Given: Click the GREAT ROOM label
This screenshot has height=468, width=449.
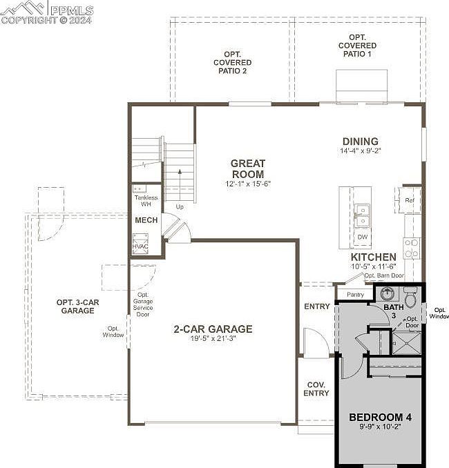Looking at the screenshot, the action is [x=248, y=168].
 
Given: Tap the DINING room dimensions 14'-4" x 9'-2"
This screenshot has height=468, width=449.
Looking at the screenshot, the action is [x=361, y=150].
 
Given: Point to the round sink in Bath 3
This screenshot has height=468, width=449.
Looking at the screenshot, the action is [x=388, y=293].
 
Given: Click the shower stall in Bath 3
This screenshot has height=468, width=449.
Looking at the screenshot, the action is [x=406, y=343].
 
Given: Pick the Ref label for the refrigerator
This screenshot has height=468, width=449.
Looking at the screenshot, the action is [x=410, y=200].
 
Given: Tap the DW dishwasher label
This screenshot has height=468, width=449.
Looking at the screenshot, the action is [x=363, y=237].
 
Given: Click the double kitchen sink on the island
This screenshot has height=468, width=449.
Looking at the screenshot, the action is [x=362, y=216].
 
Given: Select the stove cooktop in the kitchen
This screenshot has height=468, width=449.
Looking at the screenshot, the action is [x=412, y=248].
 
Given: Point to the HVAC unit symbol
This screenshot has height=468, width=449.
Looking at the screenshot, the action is [x=140, y=244].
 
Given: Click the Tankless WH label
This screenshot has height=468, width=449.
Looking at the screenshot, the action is [x=146, y=201].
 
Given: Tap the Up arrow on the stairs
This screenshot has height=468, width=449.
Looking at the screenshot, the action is [x=180, y=185].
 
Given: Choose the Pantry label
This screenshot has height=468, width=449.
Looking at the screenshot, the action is [x=355, y=295].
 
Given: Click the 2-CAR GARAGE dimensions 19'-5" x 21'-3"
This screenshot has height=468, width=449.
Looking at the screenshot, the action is [x=213, y=338].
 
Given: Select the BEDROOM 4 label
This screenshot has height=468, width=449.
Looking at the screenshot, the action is [x=381, y=417].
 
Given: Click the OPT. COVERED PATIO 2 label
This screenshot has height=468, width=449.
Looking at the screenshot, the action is [x=232, y=63].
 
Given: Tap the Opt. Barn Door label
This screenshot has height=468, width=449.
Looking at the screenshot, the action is [x=384, y=275].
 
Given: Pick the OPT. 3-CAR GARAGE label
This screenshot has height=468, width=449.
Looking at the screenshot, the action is [x=77, y=306].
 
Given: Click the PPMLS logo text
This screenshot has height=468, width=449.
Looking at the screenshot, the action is [x=72, y=10].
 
